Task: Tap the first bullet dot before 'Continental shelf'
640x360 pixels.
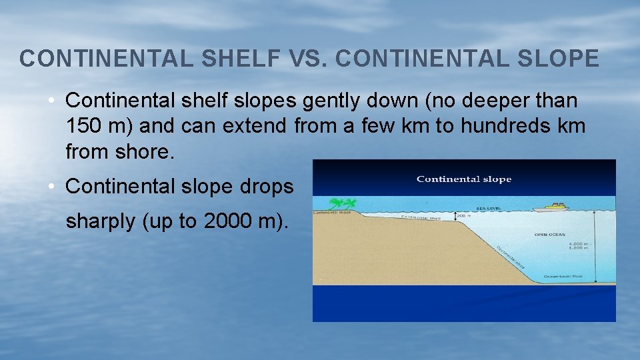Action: (51, 101)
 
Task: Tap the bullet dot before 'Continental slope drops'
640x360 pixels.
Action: (51, 187)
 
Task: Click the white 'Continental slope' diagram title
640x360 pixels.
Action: (464, 179)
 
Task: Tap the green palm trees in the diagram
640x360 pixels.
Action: (343, 203)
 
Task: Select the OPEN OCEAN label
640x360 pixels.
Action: (550, 235)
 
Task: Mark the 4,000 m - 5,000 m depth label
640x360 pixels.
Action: (579, 247)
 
